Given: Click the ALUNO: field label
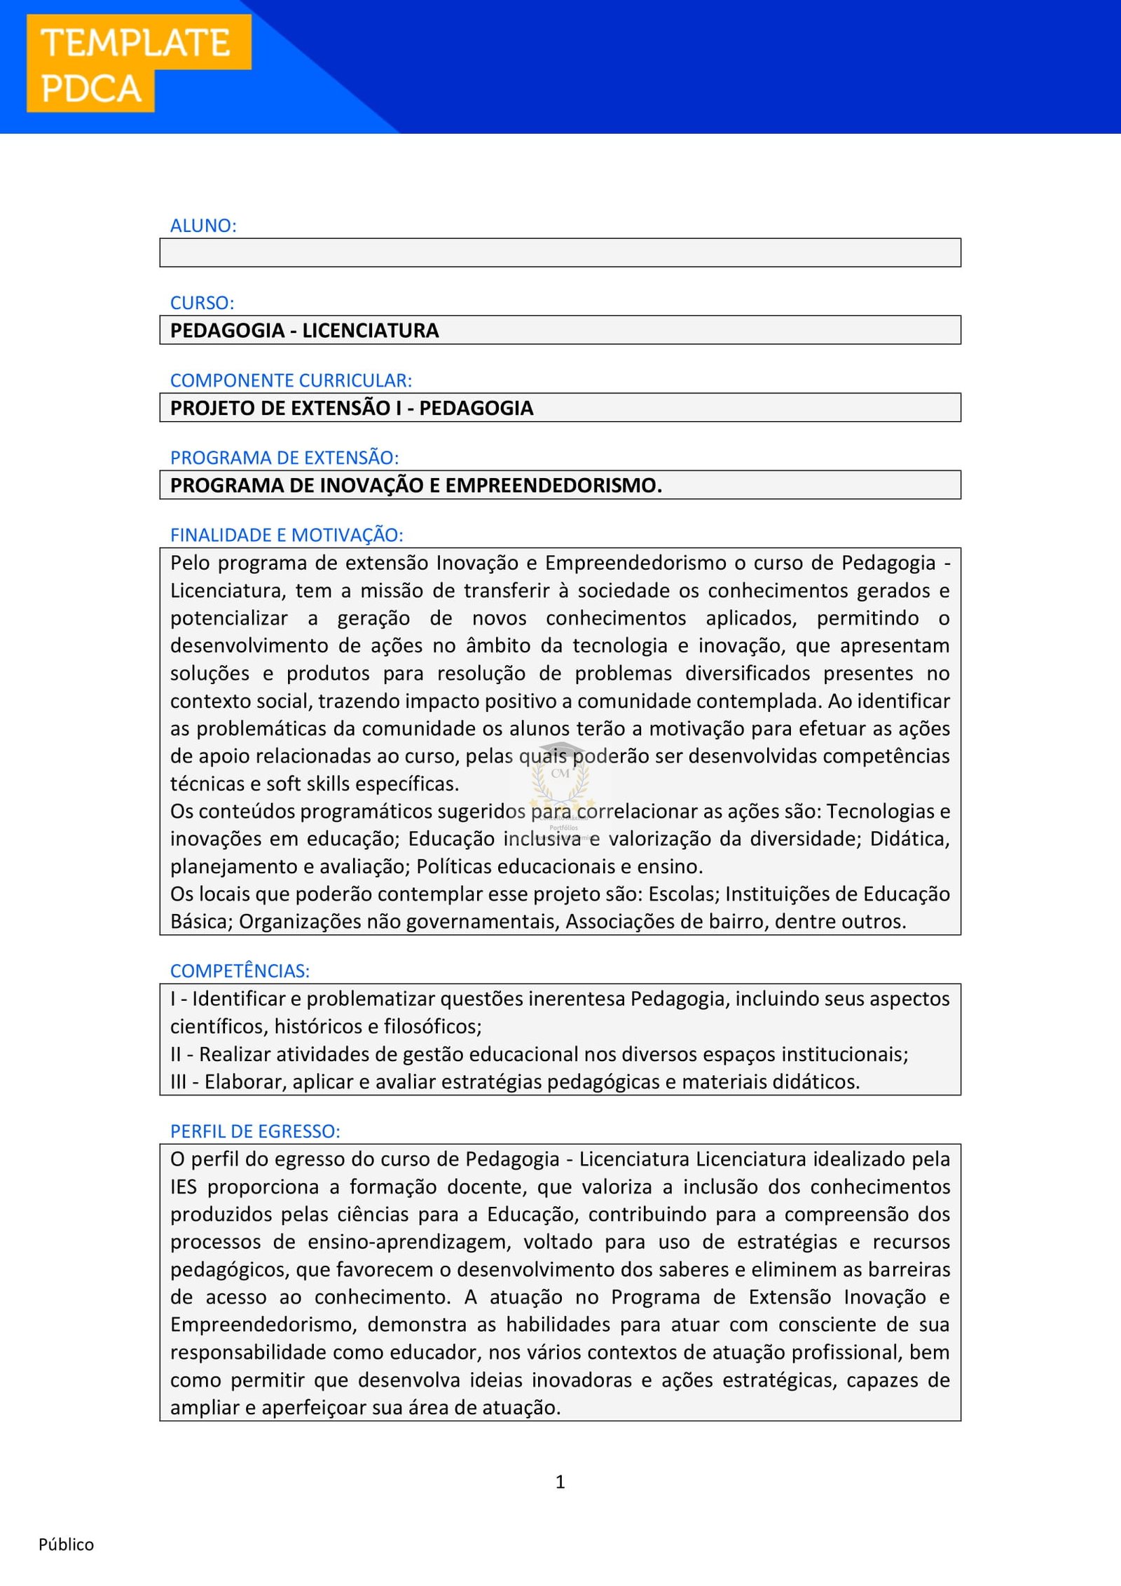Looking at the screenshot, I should point(203,226).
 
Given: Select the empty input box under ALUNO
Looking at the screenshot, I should point(560,253).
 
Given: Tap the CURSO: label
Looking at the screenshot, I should point(202,303).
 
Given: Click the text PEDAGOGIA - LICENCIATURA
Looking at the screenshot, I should point(304,330).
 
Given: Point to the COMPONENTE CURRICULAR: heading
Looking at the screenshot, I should point(291,381).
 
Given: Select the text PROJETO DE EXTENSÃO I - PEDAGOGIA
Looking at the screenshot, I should point(351,408).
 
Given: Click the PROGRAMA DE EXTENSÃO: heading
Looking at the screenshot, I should point(284,458).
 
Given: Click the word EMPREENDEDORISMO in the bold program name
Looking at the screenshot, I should point(553,485).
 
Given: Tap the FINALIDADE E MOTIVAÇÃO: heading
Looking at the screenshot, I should point(287,535).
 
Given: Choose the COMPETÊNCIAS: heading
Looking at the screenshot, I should point(240,971).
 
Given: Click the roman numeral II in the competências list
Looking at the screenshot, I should point(175,1054).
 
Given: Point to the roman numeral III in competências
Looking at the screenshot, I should point(178,1081).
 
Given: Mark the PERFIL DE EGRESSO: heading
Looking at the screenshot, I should point(255,1131).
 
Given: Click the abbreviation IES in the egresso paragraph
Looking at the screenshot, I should point(183,1187).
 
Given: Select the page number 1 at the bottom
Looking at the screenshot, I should point(560,1482).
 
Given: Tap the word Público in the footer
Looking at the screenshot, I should point(66,1545).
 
